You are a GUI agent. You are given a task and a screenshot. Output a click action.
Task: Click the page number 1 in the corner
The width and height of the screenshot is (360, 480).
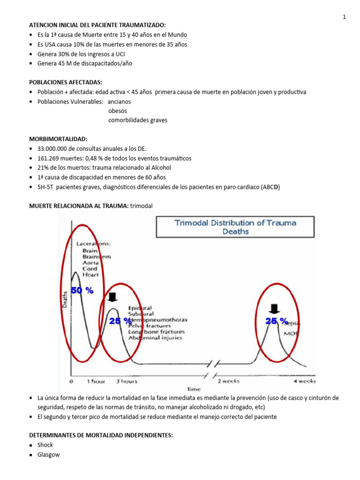345,17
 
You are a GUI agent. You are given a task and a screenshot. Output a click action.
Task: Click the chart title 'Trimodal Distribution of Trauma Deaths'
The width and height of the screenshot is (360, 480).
235,227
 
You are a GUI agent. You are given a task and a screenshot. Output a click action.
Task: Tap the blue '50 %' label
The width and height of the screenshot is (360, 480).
82,291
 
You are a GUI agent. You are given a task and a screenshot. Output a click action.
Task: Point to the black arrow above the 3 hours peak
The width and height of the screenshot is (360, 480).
112,297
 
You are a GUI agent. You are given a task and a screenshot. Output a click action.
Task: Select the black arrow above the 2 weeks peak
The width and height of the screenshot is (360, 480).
275,307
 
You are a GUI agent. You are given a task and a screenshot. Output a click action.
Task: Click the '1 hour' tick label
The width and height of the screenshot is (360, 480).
96,381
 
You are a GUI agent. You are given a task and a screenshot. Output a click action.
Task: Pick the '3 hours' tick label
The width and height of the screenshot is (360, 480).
127,381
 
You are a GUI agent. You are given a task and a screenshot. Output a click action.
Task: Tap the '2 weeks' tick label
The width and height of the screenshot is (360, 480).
228,381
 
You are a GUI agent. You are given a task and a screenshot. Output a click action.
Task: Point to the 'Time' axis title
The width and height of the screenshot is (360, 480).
194,389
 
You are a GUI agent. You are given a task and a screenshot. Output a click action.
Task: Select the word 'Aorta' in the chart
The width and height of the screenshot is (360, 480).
90,263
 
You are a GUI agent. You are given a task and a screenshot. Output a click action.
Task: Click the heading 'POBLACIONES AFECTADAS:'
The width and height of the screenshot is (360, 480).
66,82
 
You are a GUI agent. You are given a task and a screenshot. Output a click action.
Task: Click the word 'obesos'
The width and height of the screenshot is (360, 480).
118,111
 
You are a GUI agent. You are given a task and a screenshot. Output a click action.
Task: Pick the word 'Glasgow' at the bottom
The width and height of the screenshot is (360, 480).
49,455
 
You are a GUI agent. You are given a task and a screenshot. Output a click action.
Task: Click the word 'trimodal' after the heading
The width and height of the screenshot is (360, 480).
141,205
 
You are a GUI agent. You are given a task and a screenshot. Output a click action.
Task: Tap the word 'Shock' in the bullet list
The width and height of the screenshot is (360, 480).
45,445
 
